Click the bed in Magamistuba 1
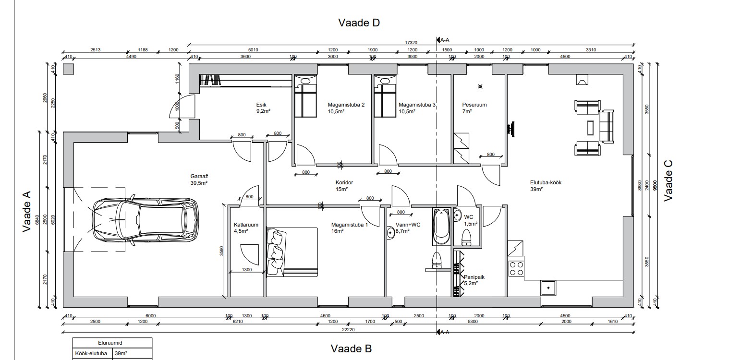coord(292,252)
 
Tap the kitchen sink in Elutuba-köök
coord(547,288)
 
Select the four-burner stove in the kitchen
coord(516,268)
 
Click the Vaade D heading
coord(359,23)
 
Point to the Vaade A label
coord(27,211)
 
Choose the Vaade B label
coord(351,348)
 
